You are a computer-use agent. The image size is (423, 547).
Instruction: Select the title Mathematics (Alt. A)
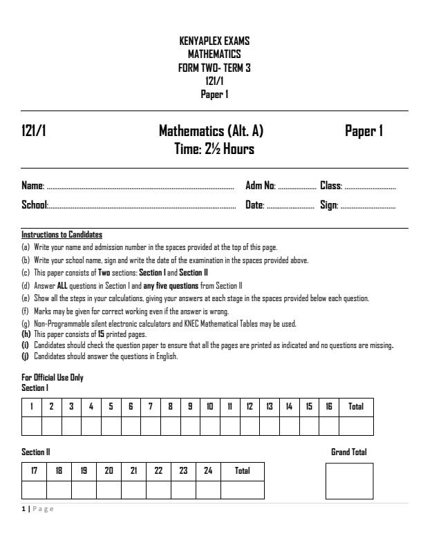point(211,131)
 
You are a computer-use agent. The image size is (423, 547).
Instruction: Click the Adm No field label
point(261,186)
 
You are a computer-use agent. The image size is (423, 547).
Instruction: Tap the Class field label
point(331,186)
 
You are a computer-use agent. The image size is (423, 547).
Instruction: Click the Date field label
point(255,205)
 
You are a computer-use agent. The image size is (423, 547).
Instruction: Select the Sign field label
point(328,205)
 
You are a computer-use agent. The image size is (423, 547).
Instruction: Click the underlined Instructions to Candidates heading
point(62,235)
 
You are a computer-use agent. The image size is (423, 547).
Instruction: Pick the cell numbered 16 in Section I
point(329,407)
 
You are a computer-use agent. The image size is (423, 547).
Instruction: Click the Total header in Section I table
point(356,407)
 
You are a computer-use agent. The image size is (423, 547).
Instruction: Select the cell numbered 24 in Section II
point(183,471)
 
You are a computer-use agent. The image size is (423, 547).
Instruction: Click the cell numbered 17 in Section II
point(35,471)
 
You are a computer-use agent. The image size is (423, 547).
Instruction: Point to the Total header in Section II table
point(242,471)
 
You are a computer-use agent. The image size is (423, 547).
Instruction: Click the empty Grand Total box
point(349,481)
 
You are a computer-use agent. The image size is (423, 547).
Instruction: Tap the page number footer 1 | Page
point(38,509)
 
